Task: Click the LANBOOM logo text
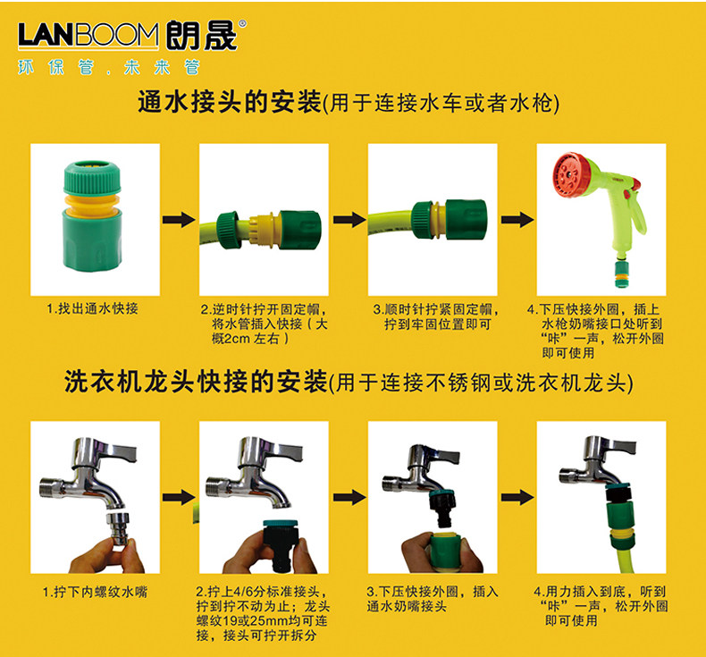[x=88, y=35]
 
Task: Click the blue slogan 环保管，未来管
[x=108, y=67]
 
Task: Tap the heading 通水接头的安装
[x=229, y=102]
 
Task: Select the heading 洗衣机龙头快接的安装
[x=196, y=383]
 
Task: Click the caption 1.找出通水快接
[x=92, y=309]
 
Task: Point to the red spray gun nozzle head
[x=572, y=175]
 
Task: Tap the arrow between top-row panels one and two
[x=179, y=220]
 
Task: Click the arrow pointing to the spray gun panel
[x=517, y=220]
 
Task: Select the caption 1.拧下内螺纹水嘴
[x=95, y=592]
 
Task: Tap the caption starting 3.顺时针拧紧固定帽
[x=436, y=316]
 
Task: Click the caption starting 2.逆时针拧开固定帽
[x=265, y=324]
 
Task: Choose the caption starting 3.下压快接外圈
[x=433, y=599]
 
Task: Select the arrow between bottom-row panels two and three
[x=349, y=498]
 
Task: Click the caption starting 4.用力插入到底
[x=601, y=606]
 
